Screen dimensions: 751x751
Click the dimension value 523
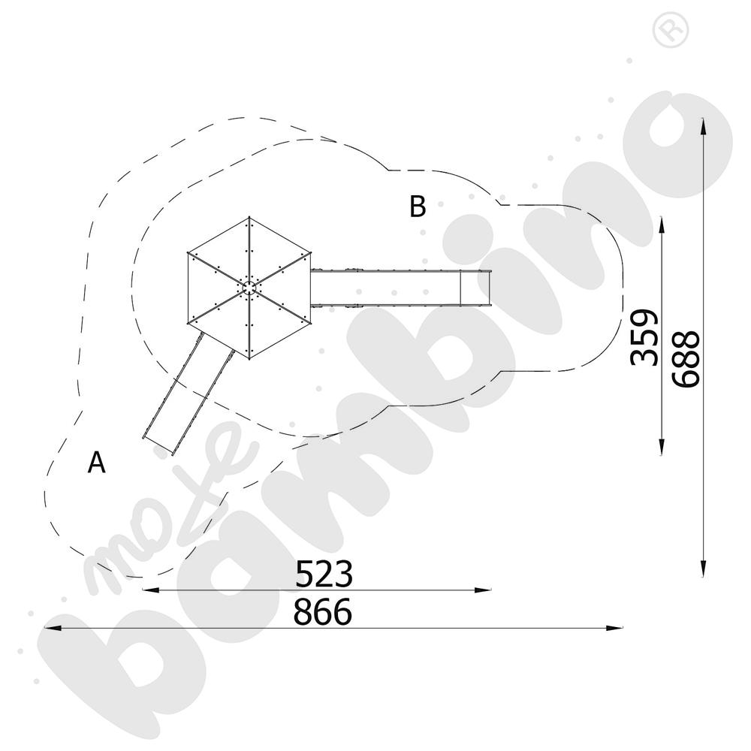point(324,573)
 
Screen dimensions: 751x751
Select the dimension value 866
point(322,611)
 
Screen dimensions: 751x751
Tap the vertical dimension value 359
point(644,338)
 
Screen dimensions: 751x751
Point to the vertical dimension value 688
point(686,358)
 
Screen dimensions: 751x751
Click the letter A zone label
point(96,462)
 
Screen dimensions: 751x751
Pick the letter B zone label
point(418,207)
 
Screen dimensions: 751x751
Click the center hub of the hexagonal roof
point(249,288)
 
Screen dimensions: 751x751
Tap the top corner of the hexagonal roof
point(249,217)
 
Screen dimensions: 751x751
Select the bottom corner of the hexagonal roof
point(249,358)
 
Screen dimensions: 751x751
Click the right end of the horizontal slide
point(490,288)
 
